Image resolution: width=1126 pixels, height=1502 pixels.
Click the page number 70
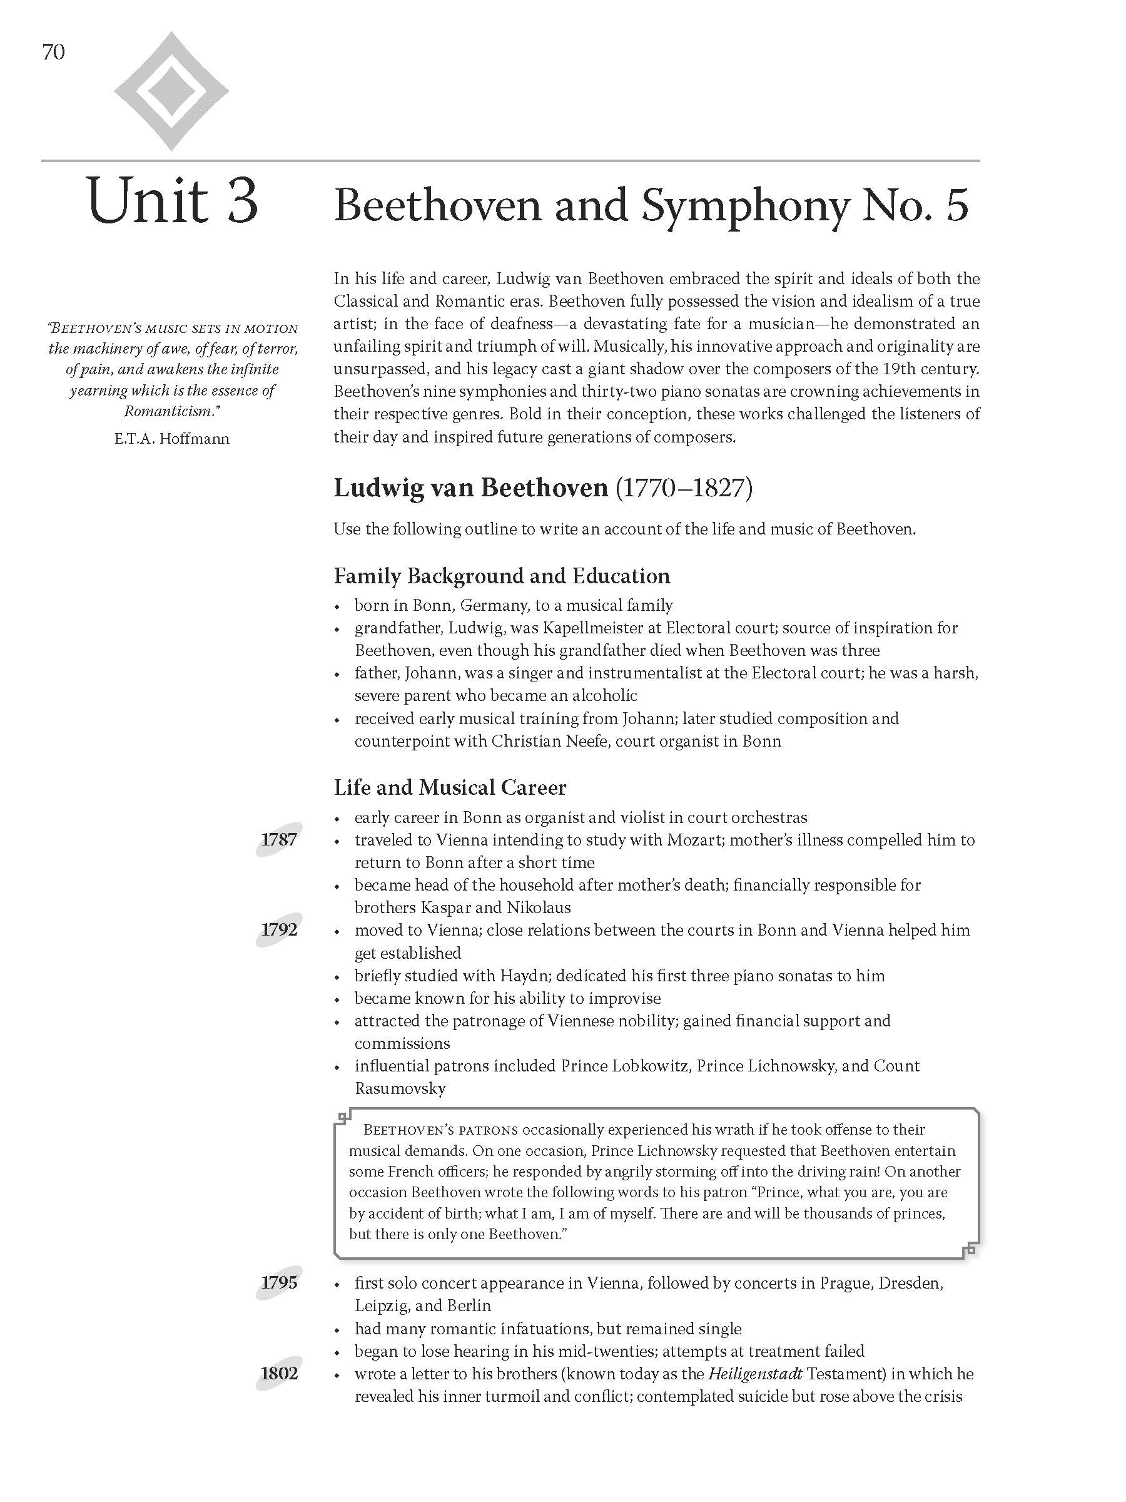(54, 53)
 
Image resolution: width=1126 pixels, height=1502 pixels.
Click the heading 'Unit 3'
(173, 201)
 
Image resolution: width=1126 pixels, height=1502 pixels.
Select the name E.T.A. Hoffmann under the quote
(172, 439)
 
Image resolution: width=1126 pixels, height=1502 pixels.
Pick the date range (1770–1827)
(684, 488)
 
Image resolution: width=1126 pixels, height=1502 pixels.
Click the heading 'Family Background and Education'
(502, 576)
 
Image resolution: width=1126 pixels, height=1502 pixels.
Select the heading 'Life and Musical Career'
(449, 788)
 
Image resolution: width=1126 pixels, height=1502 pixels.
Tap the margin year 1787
(279, 840)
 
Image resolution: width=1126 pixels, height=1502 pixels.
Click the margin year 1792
(279, 930)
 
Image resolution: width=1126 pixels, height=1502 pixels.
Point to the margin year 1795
(279, 1283)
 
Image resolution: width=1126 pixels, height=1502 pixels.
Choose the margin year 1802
(279, 1374)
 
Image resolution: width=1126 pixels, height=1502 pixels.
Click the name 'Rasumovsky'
(400, 1088)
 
